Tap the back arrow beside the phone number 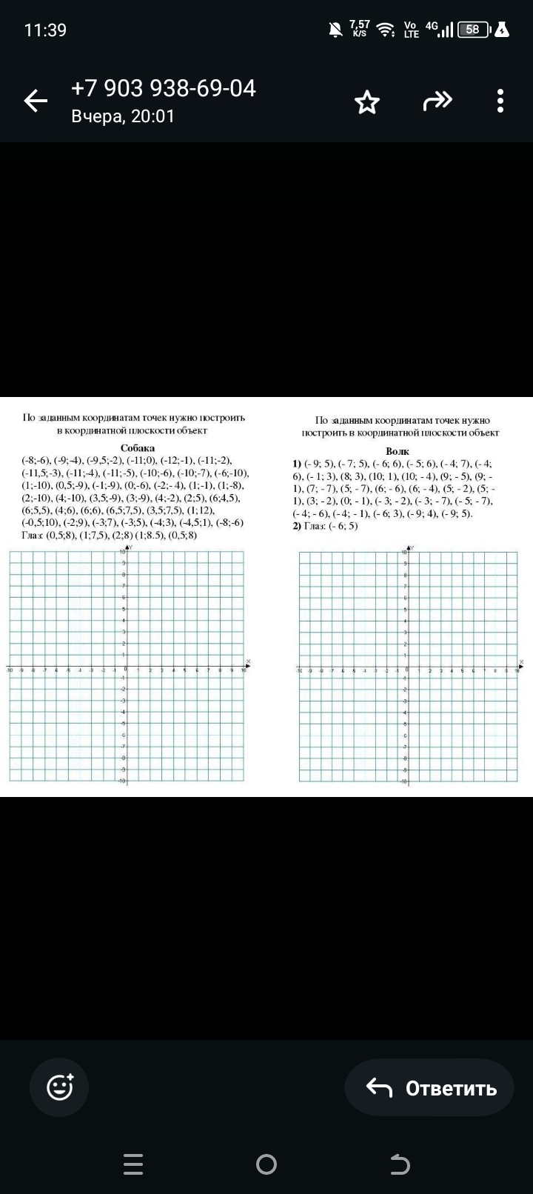point(36,101)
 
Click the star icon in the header point(367,102)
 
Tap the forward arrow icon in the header point(437,101)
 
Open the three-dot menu point(501,101)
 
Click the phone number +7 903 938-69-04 point(163,88)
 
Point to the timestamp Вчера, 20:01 point(123,116)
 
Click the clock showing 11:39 point(45,30)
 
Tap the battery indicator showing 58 point(474,30)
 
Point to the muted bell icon point(335,30)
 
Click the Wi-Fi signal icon point(385,30)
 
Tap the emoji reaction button point(59,1087)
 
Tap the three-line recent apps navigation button point(133,1164)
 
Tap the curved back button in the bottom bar point(400,1164)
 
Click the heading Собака point(138,448)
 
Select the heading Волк point(398,451)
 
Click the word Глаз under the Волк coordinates point(315,526)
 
